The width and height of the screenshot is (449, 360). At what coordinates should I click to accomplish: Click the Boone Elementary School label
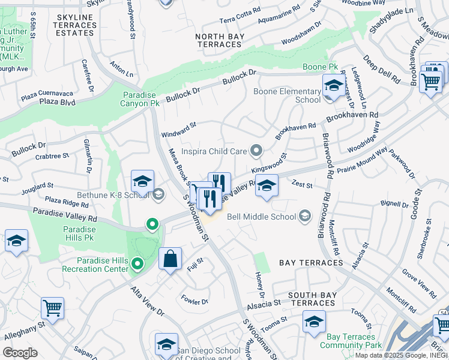(x=287, y=95)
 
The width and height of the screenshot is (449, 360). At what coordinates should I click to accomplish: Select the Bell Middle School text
(x=262, y=217)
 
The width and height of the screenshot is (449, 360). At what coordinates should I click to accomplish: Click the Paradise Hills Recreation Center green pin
(x=137, y=263)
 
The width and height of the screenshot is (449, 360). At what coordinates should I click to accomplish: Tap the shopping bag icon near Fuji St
(x=170, y=259)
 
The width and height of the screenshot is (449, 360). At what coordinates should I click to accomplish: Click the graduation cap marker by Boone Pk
(x=333, y=86)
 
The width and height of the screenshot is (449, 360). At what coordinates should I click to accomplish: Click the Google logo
(x=20, y=353)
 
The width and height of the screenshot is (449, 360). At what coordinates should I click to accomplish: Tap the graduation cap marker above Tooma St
(x=314, y=322)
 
